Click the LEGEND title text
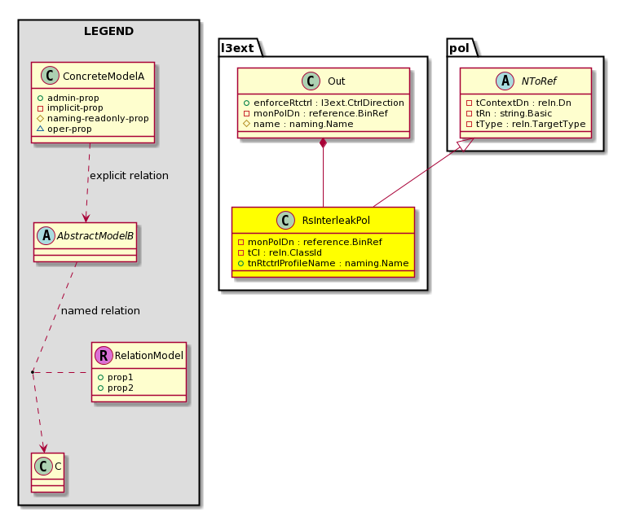pyautogui.click(x=108, y=31)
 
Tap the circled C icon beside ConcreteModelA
pyautogui.click(x=51, y=76)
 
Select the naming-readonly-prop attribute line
pyautogui.click(x=93, y=119)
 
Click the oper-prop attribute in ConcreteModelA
pyautogui.click(x=64, y=129)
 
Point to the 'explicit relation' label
pyautogui.click(x=129, y=176)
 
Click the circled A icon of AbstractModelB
pyautogui.click(x=46, y=236)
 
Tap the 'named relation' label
pyautogui.click(x=100, y=310)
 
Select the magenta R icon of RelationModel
pyautogui.click(x=104, y=355)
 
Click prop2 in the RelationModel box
pyautogui.click(x=116, y=388)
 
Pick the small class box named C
pyautogui.click(x=47, y=472)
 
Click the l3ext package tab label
pyautogui.click(x=237, y=48)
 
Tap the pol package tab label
pyautogui.click(x=459, y=48)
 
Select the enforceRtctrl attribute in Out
pyautogui.click(x=324, y=103)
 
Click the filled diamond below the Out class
pyautogui.click(x=323, y=143)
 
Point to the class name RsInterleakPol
pyautogui.click(x=336, y=220)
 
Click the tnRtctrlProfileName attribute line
pyautogui.click(x=323, y=263)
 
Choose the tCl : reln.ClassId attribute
pyautogui.click(x=280, y=252)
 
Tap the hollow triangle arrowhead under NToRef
pyautogui.click(x=467, y=144)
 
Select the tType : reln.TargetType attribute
pyautogui.click(x=526, y=124)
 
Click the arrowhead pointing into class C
pyautogui.click(x=43, y=448)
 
